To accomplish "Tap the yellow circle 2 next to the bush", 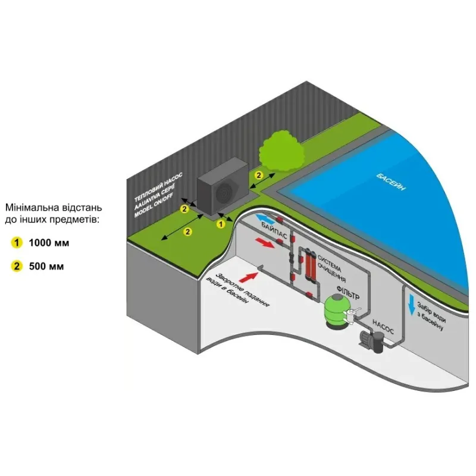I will (x=258, y=175).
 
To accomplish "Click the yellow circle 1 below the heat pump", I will (x=220, y=224).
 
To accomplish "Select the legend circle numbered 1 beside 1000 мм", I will (x=17, y=243).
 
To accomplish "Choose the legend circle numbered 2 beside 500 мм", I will (x=17, y=266).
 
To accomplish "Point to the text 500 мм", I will (x=46, y=266).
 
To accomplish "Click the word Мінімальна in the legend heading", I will (x=30, y=208).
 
